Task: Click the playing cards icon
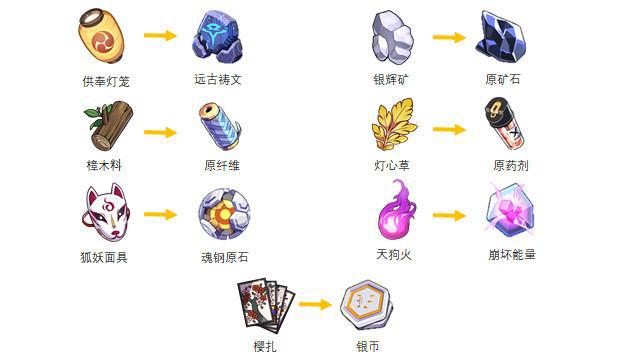point(264,303)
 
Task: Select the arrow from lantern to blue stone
point(160,37)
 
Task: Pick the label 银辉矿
point(393,79)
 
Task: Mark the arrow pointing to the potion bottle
point(450,130)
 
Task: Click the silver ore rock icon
point(392,38)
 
